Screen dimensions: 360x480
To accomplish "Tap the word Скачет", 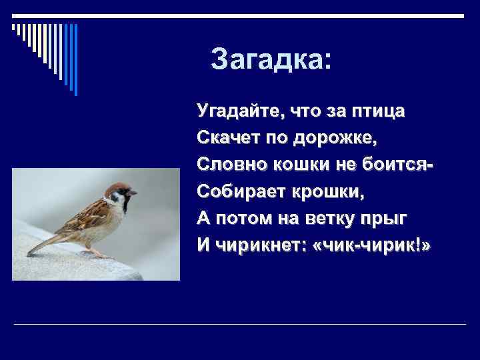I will [224, 139].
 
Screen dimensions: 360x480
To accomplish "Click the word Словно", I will [225, 165].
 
